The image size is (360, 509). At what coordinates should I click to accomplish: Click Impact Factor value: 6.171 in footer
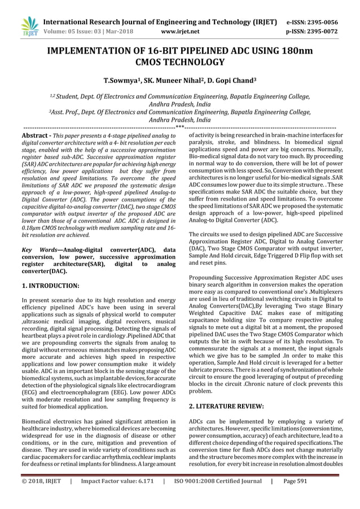click(117, 498)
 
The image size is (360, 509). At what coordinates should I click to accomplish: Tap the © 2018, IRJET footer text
click(41, 498)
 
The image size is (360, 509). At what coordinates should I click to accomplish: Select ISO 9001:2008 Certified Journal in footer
click(217, 498)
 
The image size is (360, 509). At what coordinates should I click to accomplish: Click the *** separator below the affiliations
click(180, 128)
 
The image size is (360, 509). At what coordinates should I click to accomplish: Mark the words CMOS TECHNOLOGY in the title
click(180, 62)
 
